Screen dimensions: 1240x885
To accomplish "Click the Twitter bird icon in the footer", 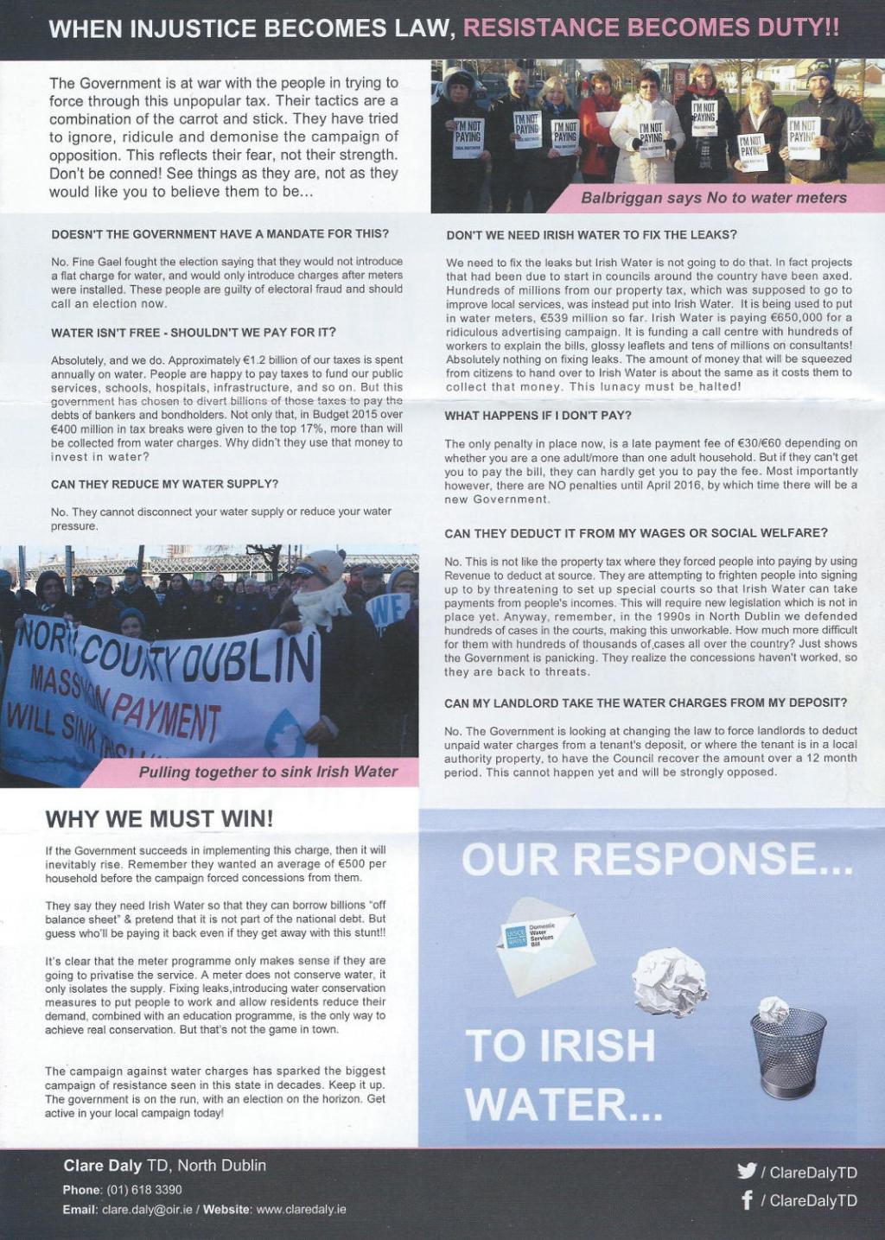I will tap(747, 1171).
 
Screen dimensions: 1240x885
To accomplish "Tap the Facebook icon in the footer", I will tap(747, 1200).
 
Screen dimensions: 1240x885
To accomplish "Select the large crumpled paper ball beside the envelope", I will tap(669, 981).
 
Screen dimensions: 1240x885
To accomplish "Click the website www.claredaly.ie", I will tap(301, 1209).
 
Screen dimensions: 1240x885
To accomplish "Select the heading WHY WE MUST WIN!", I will tap(159, 817).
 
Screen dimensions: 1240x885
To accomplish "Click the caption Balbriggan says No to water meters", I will tap(713, 198).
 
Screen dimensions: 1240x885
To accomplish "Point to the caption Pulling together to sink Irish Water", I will tap(268, 772).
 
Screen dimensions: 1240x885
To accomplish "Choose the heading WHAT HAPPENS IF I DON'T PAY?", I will tap(538, 416).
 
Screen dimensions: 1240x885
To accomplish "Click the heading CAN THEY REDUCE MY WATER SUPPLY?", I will tap(164, 484).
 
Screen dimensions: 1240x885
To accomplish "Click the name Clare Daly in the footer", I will tap(103, 1166).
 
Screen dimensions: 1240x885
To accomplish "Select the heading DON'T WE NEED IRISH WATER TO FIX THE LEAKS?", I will tap(591, 235).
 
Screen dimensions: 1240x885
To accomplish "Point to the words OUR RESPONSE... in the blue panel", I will tap(657, 858).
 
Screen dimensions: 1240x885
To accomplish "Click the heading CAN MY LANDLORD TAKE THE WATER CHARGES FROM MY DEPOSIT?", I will tap(646, 703).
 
